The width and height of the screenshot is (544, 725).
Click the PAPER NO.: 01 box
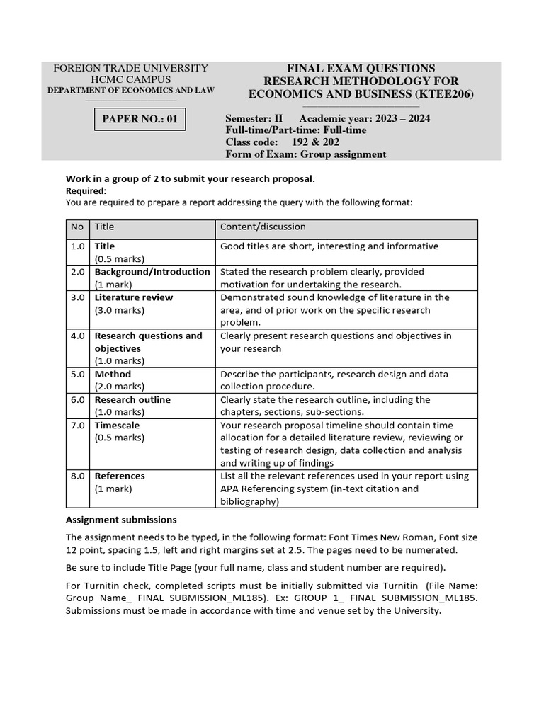click(140, 120)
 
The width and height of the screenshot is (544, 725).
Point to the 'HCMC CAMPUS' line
click(131, 79)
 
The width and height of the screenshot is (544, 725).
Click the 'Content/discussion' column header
click(263, 227)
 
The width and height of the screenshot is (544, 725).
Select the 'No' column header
click(76, 227)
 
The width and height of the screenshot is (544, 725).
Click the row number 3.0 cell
click(77, 298)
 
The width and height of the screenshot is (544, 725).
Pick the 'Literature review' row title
click(133, 298)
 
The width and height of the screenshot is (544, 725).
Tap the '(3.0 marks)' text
click(119, 310)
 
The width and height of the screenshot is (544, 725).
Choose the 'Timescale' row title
click(117, 426)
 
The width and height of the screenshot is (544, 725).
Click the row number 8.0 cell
click(77, 476)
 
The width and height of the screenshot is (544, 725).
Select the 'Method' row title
click(113, 375)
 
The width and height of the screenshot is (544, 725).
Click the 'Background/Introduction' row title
click(152, 272)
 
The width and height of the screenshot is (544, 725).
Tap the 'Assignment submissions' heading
click(121, 520)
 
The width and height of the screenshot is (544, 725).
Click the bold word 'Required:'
click(86, 191)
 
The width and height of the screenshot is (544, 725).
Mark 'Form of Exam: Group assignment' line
click(305, 154)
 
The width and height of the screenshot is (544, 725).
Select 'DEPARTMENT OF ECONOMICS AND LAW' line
click(131, 91)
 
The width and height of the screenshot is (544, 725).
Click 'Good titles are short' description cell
click(329, 246)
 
